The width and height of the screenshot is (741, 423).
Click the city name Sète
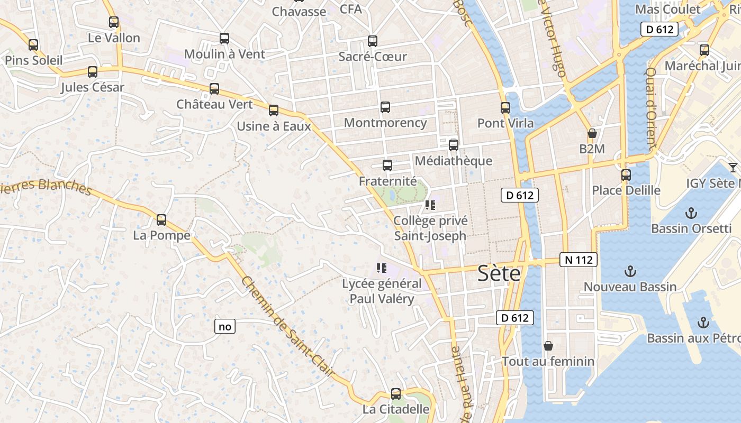tap(499, 274)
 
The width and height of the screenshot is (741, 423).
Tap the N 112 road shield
tap(579, 260)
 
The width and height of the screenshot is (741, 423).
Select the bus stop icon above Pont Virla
tap(505, 108)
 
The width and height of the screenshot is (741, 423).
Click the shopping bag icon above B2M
tap(592, 134)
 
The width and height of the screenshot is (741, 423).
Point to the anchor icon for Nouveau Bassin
tap(630, 272)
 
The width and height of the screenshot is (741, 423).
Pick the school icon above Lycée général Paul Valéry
tap(381, 269)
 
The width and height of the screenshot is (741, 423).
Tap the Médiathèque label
tap(454, 161)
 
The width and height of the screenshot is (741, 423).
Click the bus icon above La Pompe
tap(161, 220)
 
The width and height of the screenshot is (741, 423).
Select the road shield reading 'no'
tap(225, 326)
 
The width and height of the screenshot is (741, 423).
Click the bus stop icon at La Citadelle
tap(396, 394)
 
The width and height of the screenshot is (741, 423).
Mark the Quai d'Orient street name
tap(651, 108)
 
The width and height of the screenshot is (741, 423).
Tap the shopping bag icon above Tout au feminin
tap(548, 346)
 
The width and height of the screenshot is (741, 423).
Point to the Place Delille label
tap(626, 190)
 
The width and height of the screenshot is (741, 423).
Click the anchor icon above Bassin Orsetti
tap(690, 213)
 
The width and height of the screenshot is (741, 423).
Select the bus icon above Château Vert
tap(214, 89)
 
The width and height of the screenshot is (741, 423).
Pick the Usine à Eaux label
tap(274, 126)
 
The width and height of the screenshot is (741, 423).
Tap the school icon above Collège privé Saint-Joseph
tap(430, 205)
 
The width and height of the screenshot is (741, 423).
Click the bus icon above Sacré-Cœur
tap(373, 41)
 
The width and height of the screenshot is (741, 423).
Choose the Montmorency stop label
tap(385, 123)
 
